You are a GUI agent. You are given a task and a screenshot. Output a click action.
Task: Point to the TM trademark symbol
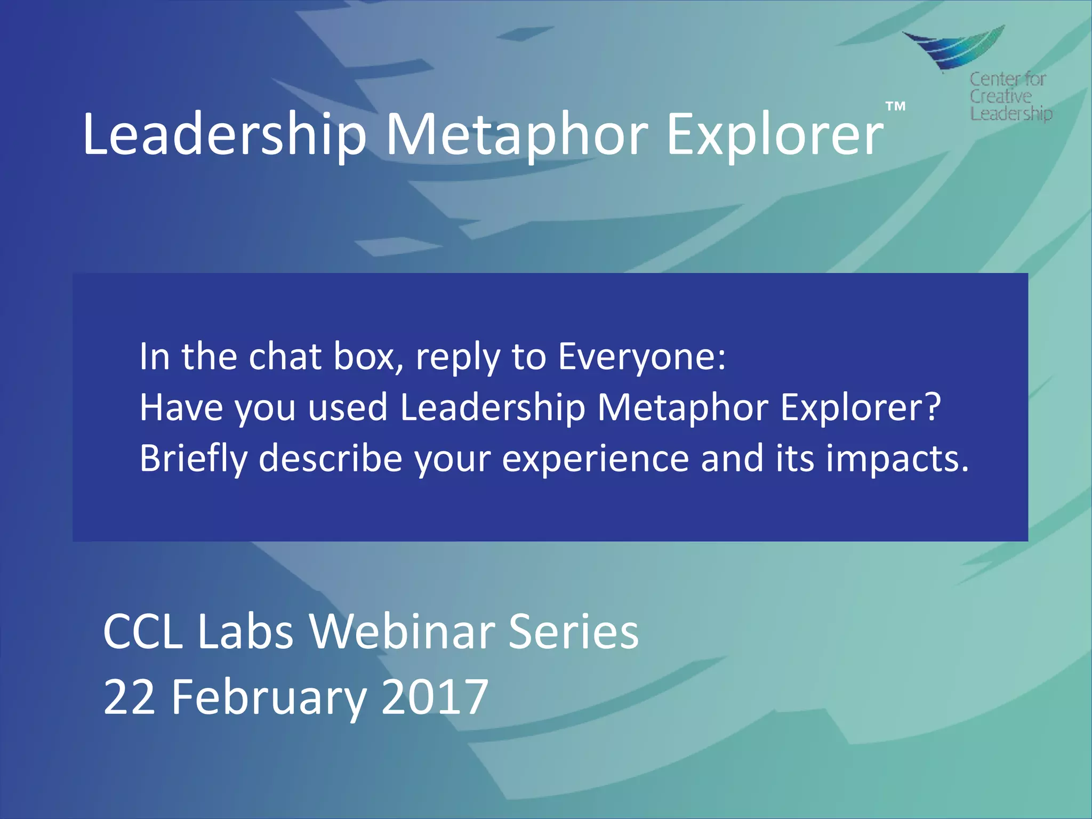click(896, 106)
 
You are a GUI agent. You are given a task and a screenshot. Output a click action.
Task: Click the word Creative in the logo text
click(1000, 97)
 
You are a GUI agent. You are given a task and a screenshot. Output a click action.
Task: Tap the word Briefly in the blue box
click(194, 459)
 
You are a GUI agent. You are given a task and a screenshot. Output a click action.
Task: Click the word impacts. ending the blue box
click(897, 459)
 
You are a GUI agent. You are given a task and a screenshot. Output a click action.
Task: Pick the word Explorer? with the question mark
click(861, 407)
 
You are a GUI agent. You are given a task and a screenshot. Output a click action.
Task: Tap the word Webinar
click(403, 631)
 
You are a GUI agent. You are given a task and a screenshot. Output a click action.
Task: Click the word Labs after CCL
click(245, 631)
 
